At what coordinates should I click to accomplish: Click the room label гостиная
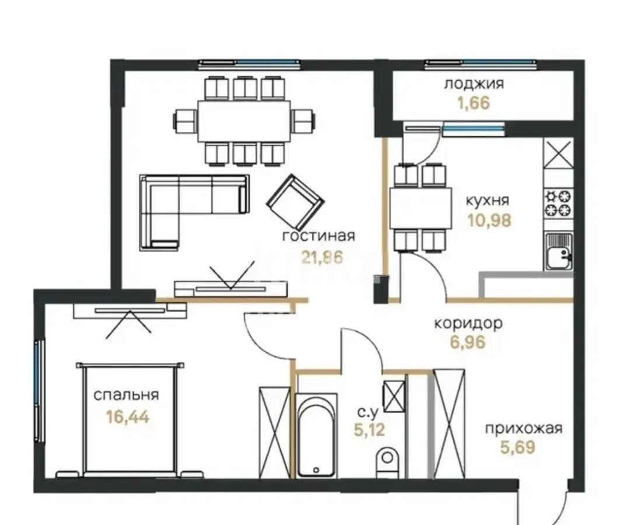click(x=318, y=236)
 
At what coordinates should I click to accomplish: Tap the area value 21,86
click(x=321, y=257)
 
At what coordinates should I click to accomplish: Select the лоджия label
click(x=474, y=83)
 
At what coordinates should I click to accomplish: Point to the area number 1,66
click(x=474, y=104)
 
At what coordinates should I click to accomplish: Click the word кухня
click(x=487, y=201)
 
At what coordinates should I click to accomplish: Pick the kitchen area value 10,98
click(x=489, y=220)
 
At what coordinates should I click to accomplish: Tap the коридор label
click(x=468, y=324)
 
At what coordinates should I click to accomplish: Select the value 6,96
click(x=468, y=342)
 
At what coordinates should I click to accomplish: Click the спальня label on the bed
click(x=126, y=395)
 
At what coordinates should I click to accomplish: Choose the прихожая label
click(x=524, y=429)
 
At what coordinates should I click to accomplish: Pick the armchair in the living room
click(x=295, y=202)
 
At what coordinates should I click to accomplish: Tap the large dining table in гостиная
click(x=244, y=121)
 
